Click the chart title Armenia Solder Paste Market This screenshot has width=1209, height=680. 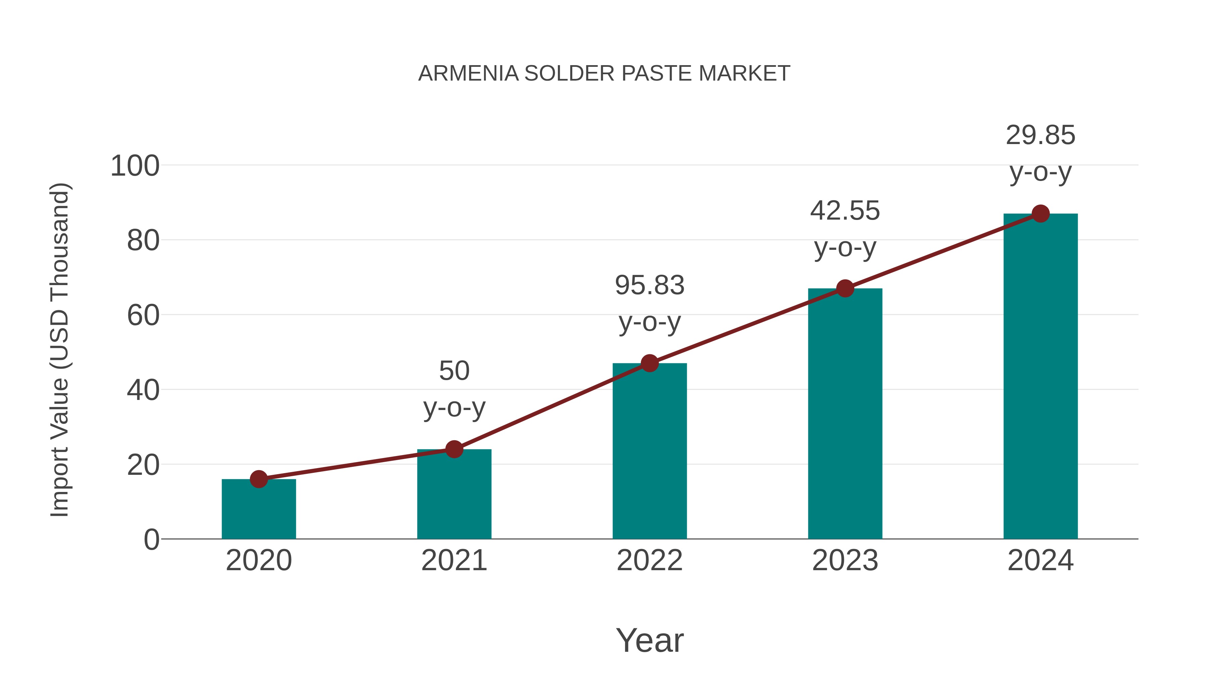604,74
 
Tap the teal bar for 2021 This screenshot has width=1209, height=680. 454,495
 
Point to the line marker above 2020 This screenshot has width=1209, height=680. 259,479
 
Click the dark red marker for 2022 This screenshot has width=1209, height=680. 650,363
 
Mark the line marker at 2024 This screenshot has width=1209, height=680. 1040,214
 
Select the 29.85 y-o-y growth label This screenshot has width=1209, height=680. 1040,154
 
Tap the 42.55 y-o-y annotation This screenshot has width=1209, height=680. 845,229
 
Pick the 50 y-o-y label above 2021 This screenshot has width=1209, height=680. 454,390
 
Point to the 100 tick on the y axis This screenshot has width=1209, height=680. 135,166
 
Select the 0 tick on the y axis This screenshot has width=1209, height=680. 151,540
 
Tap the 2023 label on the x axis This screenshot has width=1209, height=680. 845,560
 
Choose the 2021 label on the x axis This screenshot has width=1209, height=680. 454,560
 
